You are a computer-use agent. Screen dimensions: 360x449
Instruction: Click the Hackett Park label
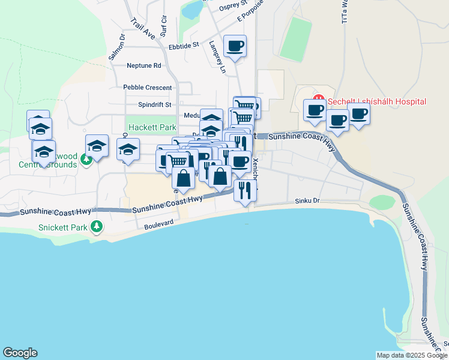pos(152,128)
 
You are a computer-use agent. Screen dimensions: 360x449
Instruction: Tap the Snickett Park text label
pos(62,227)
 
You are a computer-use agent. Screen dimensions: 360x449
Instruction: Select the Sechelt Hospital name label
pos(377,101)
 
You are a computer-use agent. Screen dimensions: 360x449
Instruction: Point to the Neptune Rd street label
pos(144,65)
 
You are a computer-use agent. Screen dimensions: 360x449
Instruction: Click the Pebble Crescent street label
pos(148,87)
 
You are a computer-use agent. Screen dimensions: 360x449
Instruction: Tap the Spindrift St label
pos(155,104)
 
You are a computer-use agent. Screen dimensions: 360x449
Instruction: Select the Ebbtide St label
pos(184,46)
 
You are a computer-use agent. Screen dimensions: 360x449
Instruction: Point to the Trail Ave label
pos(142,28)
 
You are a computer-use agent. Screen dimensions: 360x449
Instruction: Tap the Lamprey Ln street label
pos(217,58)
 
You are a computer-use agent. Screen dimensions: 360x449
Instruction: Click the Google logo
pos(20,353)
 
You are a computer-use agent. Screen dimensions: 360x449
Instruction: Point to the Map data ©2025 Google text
pos(412,355)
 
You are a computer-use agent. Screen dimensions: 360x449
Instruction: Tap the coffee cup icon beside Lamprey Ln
pos(235,45)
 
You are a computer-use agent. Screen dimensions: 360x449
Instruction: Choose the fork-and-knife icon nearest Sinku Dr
pos(245,190)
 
